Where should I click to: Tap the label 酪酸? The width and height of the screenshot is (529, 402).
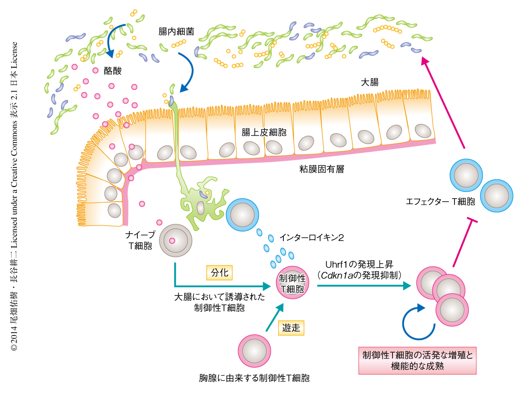(x=113, y=71)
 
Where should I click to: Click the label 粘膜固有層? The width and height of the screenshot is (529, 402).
(x=322, y=169)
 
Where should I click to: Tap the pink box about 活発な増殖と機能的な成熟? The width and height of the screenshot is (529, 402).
(x=417, y=361)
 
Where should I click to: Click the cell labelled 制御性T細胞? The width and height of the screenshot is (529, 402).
(x=291, y=283)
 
